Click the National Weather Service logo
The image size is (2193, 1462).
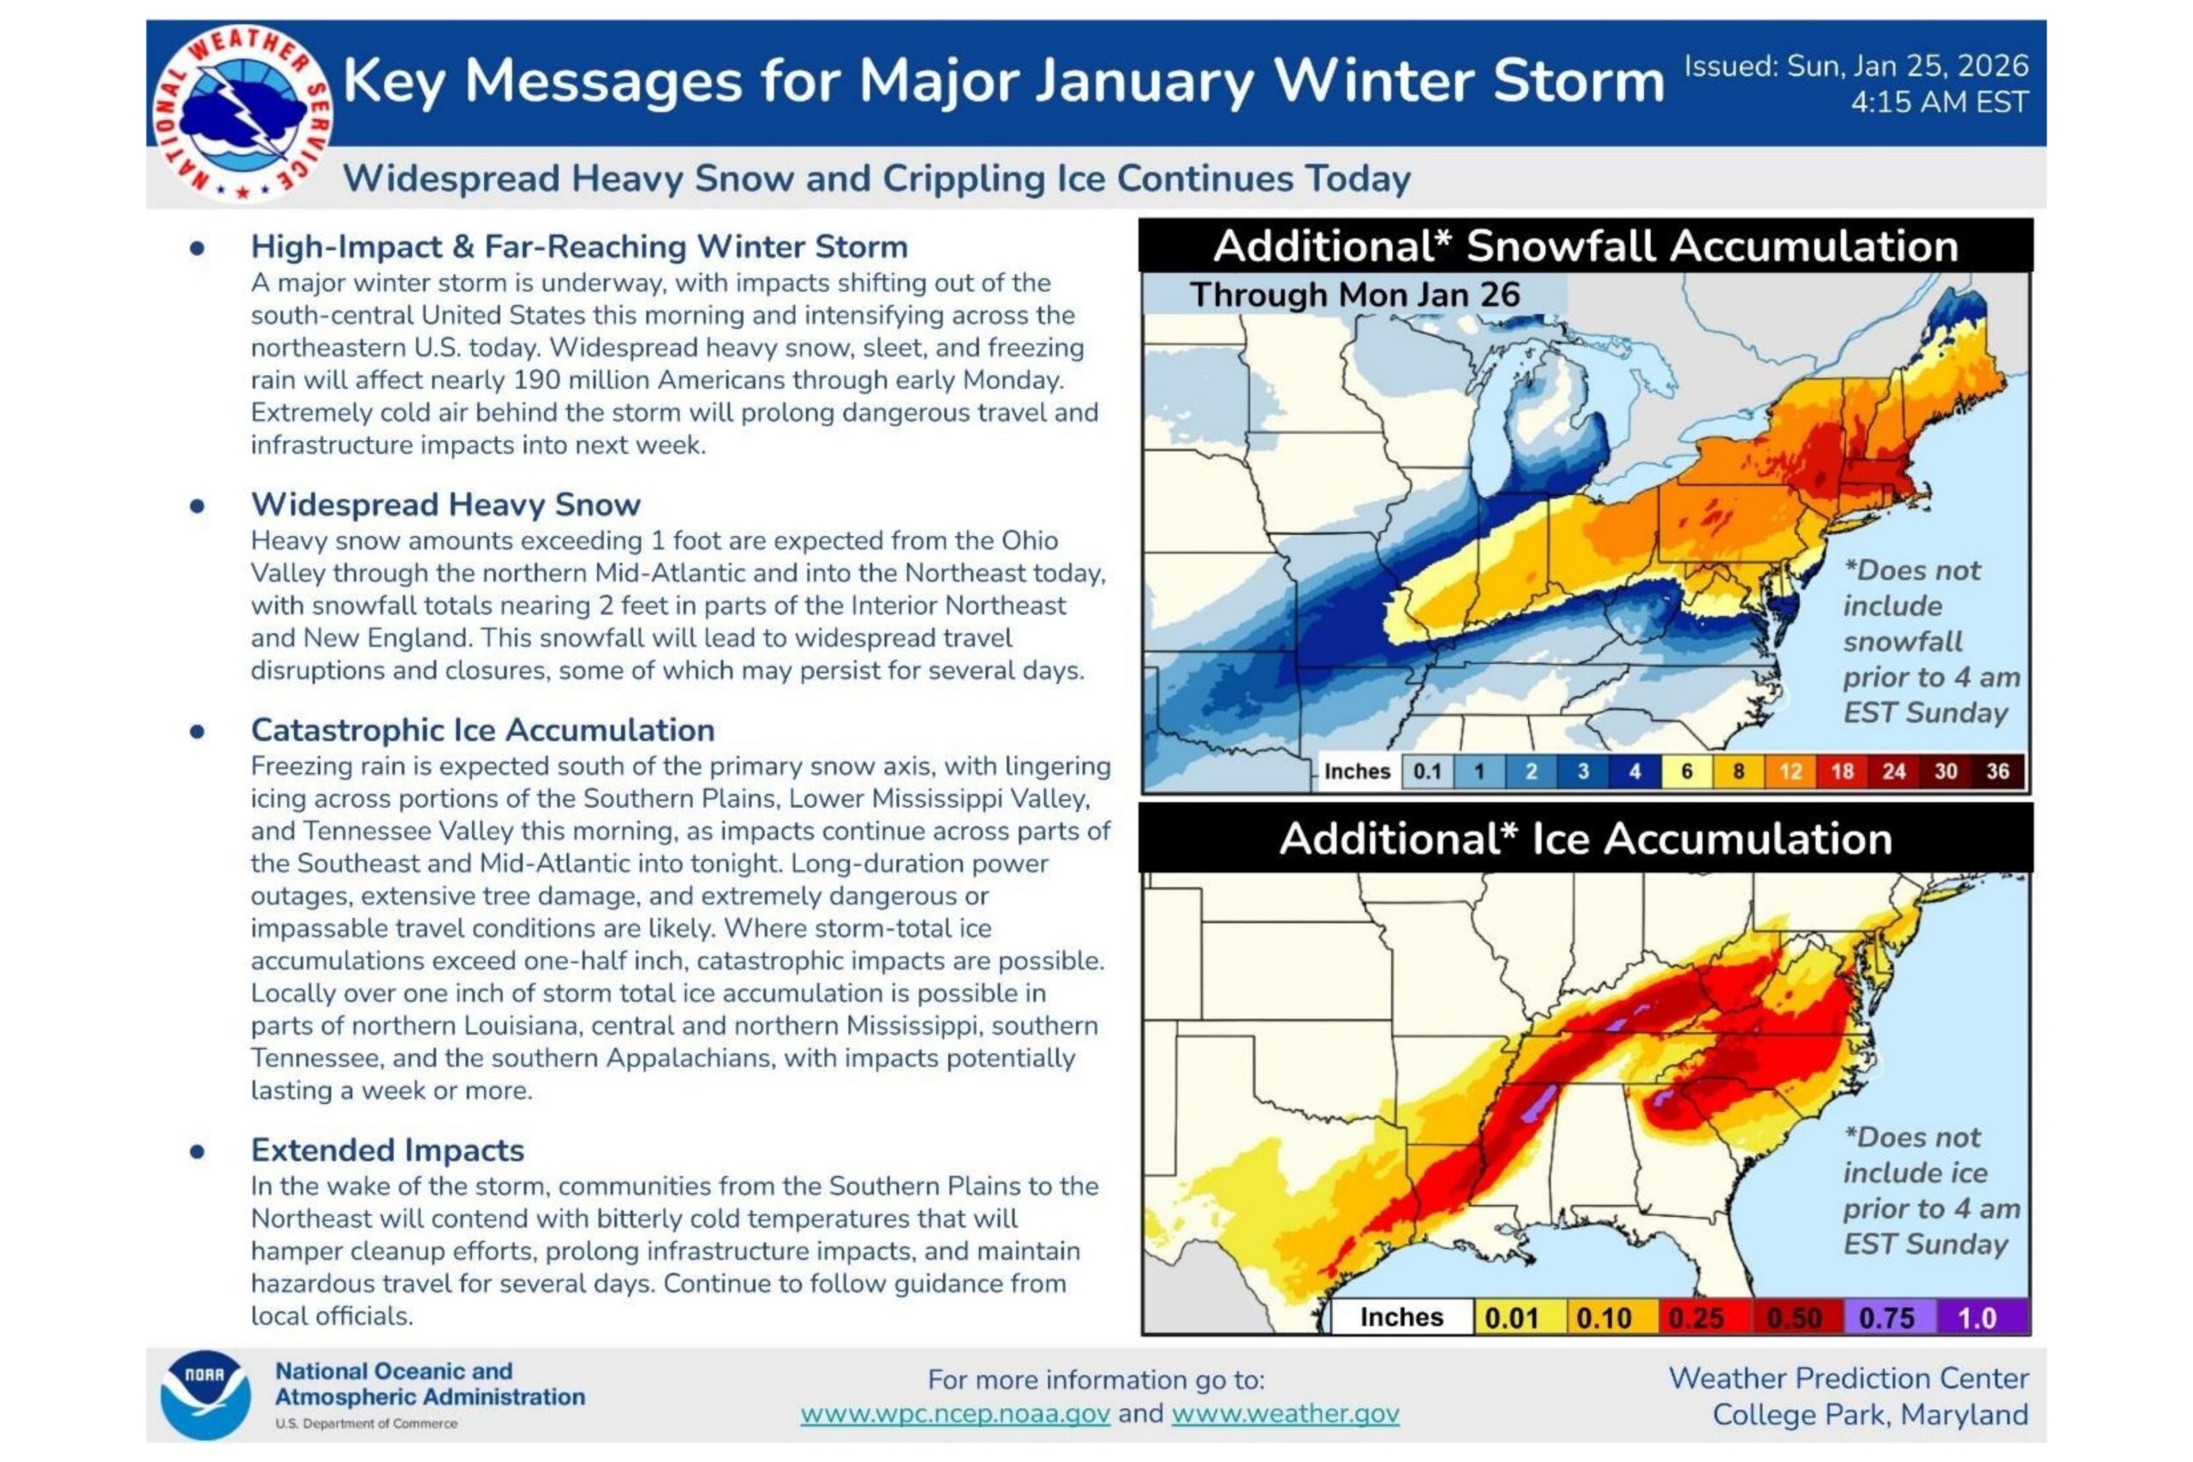click(x=242, y=113)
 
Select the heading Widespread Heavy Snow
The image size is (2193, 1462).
click(x=445, y=504)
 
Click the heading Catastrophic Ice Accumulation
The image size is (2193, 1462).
click(x=483, y=730)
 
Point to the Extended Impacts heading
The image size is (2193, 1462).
click(x=387, y=1149)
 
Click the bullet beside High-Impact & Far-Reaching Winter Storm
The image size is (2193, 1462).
click(x=197, y=248)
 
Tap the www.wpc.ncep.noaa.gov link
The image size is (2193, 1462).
click(x=955, y=1413)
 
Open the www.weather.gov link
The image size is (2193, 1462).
click(x=1285, y=1413)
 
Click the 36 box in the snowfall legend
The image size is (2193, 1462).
click(x=1997, y=771)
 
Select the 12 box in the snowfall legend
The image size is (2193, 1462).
click(x=1790, y=771)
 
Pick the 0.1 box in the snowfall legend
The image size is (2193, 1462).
click(x=1426, y=771)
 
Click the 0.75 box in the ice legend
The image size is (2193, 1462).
click(x=1886, y=1317)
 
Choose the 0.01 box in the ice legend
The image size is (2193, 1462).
click(x=1511, y=1317)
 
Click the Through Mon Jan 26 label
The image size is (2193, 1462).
click(x=1354, y=295)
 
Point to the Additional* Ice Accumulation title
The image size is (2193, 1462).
click(x=1585, y=838)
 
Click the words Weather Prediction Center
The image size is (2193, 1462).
click(x=1848, y=1378)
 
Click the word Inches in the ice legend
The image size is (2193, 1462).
click(x=1401, y=1317)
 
